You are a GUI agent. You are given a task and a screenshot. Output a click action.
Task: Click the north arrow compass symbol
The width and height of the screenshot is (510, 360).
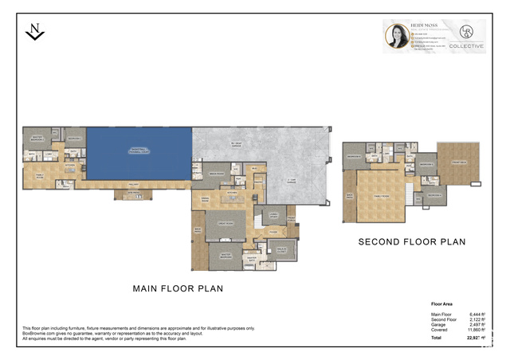[35, 31]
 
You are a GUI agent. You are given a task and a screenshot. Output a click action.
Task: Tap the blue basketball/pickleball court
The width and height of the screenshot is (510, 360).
[139, 152]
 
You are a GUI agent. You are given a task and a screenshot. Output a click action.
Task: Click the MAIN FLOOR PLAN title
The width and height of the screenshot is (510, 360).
[178, 288]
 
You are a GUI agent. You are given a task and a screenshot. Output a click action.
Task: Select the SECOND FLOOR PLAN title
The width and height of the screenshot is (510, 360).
[411, 241]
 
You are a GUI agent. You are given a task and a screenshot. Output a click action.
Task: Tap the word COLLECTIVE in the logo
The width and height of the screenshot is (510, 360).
[466, 46]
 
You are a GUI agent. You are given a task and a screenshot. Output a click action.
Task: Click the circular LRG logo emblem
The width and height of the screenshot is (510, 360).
[466, 32]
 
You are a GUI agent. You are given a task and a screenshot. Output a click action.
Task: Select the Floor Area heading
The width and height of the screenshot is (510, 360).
[443, 304]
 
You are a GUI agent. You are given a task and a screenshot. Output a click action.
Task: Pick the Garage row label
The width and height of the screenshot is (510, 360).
[438, 326]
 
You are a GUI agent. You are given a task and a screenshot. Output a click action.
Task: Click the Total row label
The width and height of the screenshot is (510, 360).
[437, 339]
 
